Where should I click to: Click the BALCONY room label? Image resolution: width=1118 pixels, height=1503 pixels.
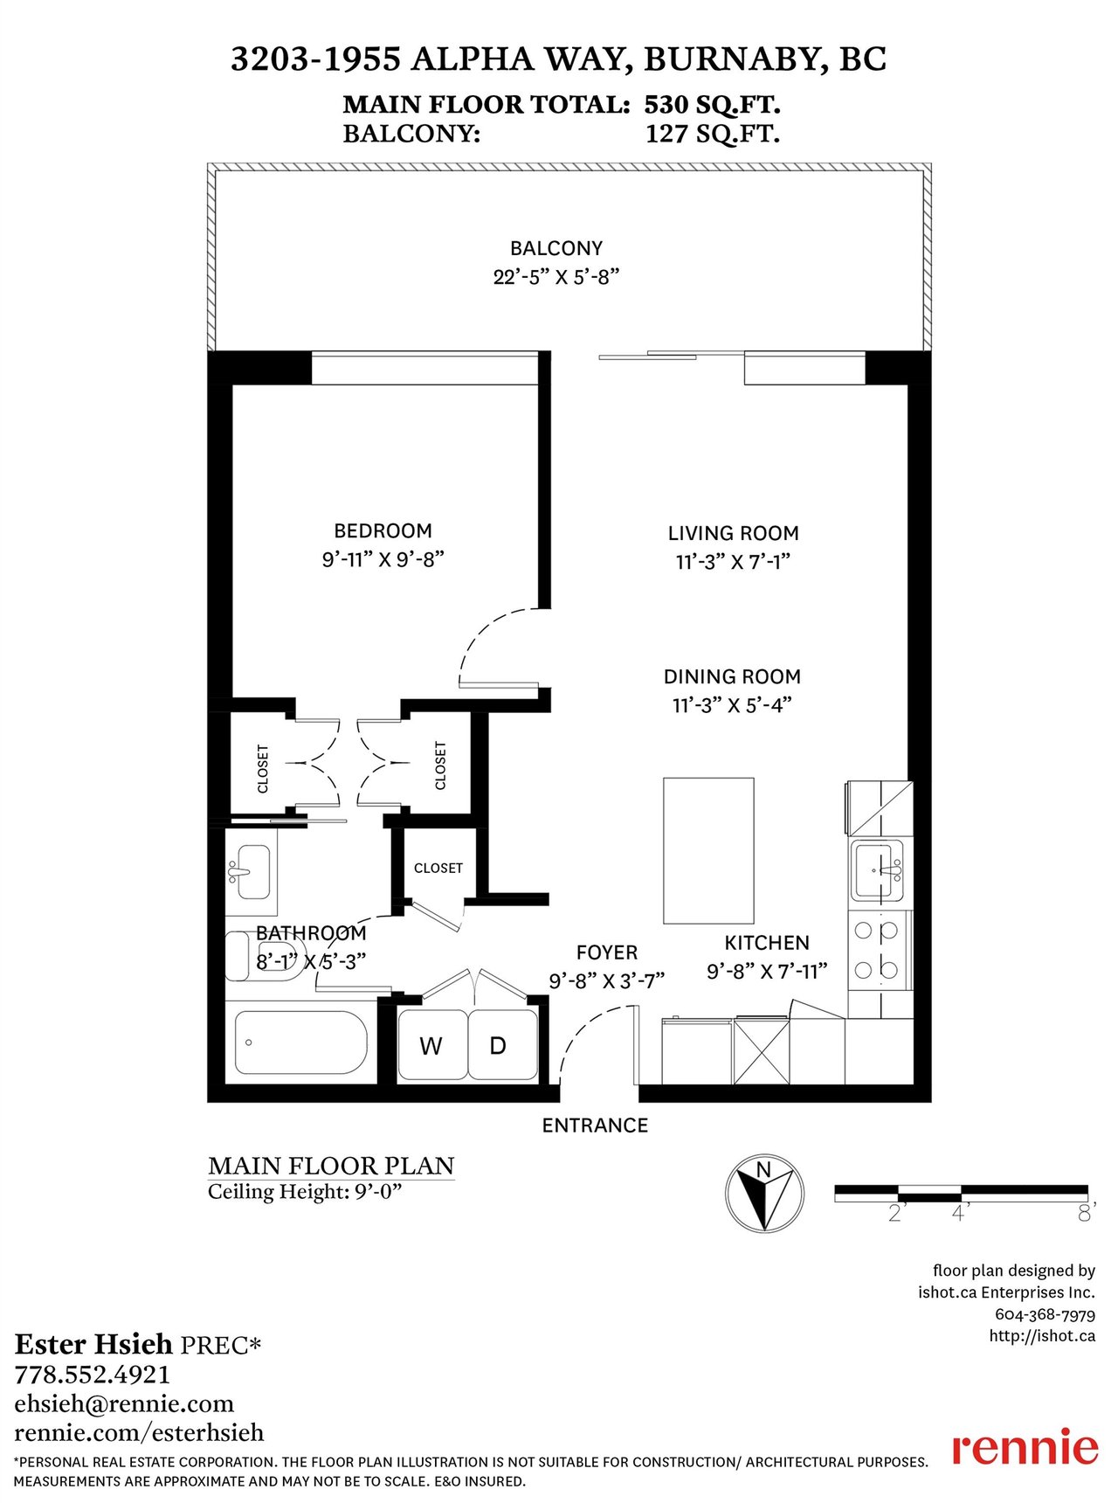pyautogui.click(x=556, y=248)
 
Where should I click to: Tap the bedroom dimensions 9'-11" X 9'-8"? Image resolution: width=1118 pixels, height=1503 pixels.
pyautogui.click(x=383, y=559)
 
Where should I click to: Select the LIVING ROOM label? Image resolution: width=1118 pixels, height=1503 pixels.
pyautogui.click(x=734, y=533)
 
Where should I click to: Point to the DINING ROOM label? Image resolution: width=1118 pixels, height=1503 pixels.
pyautogui.click(x=732, y=676)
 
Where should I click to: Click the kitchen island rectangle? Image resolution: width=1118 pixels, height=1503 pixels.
pyautogui.click(x=708, y=850)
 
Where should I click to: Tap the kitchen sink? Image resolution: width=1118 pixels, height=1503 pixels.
pyautogui.click(x=878, y=870)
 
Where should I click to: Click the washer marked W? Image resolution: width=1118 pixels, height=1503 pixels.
pyautogui.click(x=432, y=1045)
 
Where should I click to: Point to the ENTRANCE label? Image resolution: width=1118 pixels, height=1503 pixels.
pyautogui.click(x=595, y=1126)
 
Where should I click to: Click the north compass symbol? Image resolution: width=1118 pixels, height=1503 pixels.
pyautogui.click(x=764, y=1194)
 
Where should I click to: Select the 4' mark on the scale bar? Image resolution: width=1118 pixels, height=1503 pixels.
pyautogui.click(x=960, y=1213)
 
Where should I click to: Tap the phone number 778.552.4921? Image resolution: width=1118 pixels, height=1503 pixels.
pyautogui.click(x=93, y=1375)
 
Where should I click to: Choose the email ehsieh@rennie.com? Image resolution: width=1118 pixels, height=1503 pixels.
pyautogui.click(x=124, y=1404)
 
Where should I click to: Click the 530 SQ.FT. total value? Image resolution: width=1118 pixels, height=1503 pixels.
pyautogui.click(x=712, y=105)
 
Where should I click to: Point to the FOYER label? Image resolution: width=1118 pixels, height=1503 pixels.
pyautogui.click(x=607, y=952)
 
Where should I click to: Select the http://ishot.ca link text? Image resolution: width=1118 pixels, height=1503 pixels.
pyautogui.click(x=1042, y=1335)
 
